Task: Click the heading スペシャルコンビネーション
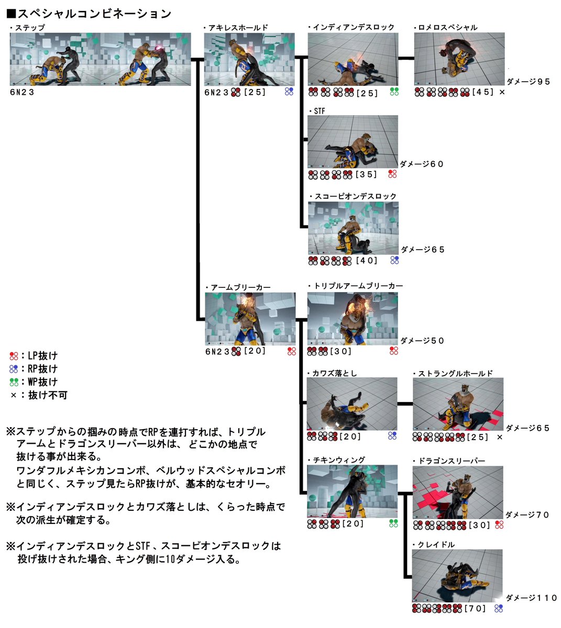tap(89, 14)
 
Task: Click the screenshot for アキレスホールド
tap(249, 59)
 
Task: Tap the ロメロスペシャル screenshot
tap(459, 59)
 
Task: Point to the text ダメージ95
tap(528, 81)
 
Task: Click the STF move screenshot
tap(353, 141)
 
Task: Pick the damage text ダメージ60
tap(422, 164)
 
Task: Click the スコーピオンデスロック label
tap(356, 196)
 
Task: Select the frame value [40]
tap(367, 260)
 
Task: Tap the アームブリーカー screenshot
tap(250, 319)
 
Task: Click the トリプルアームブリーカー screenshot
tap(353, 318)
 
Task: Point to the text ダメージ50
tap(423, 341)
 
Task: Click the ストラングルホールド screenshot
tap(458, 403)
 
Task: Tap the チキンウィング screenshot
tap(353, 491)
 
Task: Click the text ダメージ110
tap(531, 598)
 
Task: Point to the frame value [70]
tap(476, 609)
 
